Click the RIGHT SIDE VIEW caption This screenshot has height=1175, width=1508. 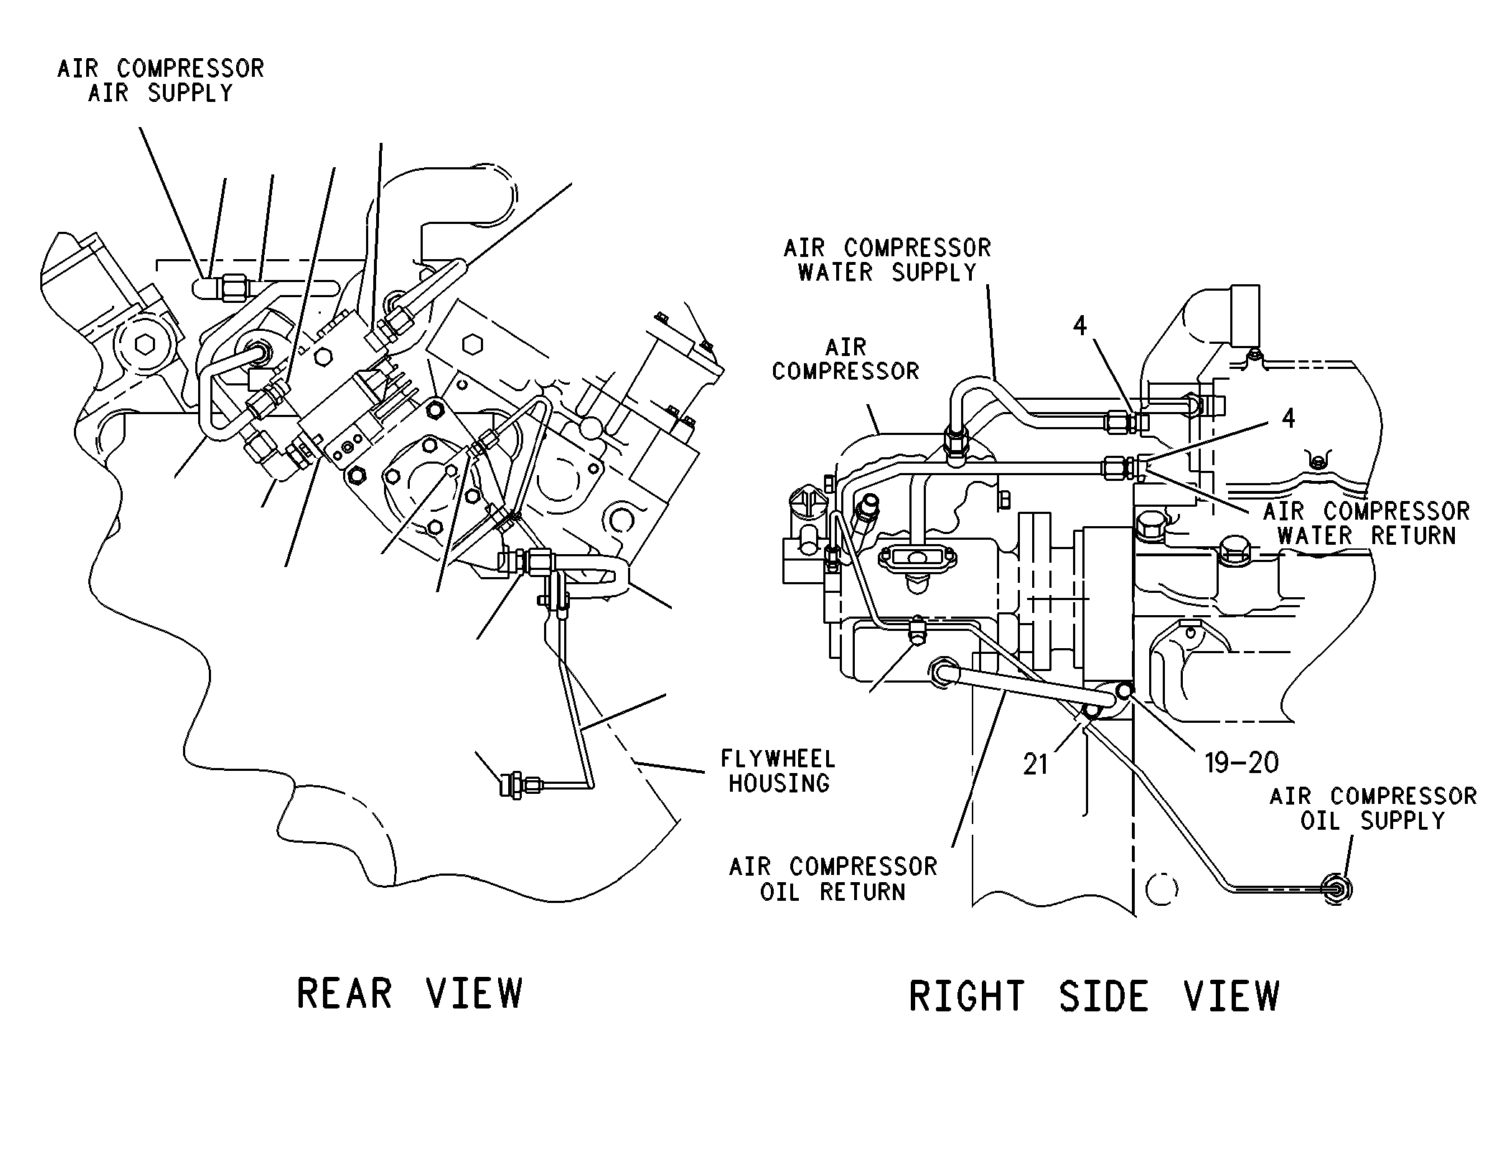pos(1094,996)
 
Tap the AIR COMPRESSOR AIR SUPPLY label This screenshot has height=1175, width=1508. pos(161,80)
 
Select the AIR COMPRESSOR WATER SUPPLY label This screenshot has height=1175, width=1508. pos(887,260)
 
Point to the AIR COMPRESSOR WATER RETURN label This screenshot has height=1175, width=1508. pos(1367,523)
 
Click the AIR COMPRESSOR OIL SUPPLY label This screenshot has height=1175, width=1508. pos(1373,807)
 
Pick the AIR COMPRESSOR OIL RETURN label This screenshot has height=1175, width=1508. pos(833,879)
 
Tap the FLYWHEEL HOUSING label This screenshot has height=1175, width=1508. pos(779,771)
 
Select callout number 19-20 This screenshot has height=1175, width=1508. pos(1242,762)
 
